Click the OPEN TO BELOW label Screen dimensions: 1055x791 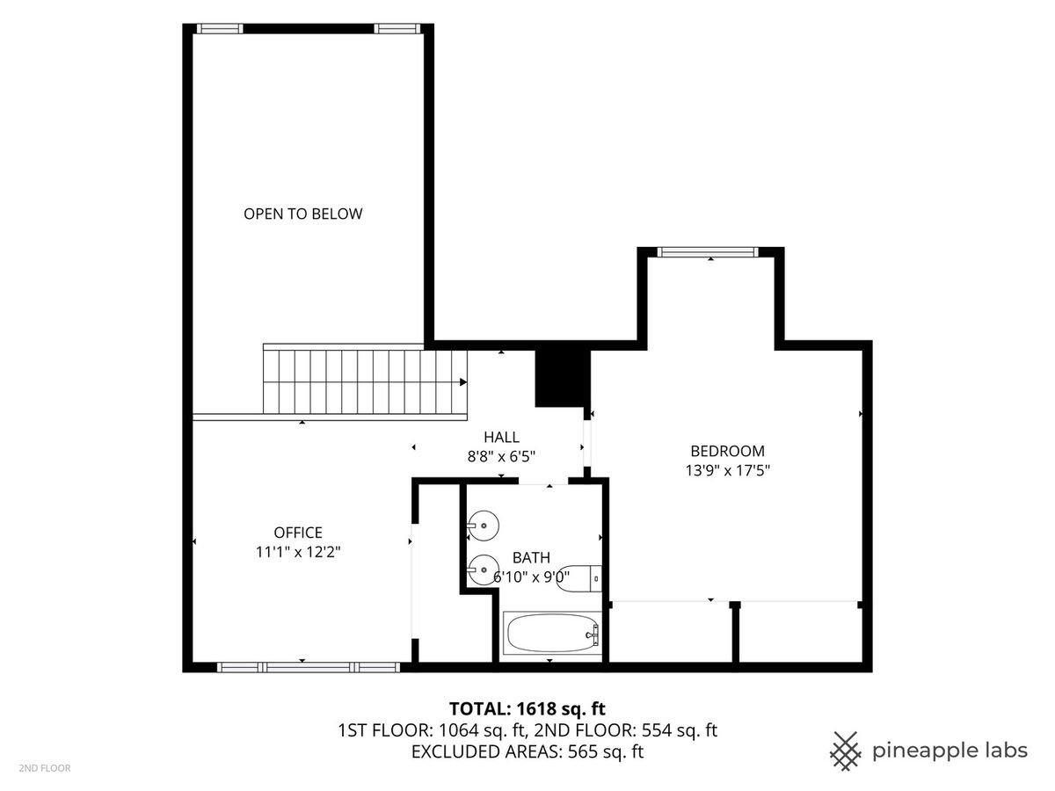point(302,214)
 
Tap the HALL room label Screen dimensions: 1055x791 point(501,437)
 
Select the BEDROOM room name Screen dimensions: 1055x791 point(727,451)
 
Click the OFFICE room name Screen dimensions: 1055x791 point(298,533)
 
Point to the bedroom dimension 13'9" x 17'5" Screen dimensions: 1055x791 point(727,470)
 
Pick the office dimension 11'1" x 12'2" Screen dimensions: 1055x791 point(298,552)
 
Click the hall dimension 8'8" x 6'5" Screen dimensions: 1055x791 point(501,456)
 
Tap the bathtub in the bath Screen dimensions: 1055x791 point(552,633)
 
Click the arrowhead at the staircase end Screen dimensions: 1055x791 point(463,382)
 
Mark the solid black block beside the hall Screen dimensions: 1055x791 point(563,379)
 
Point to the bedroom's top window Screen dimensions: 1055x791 point(708,252)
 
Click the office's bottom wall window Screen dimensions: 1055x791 point(308,667)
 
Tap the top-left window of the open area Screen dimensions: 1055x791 point(220,29)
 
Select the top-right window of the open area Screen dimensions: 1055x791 point(397,29)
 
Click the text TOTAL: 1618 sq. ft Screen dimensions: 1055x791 point(527,708)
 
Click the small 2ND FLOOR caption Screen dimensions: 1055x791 point(45,768)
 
